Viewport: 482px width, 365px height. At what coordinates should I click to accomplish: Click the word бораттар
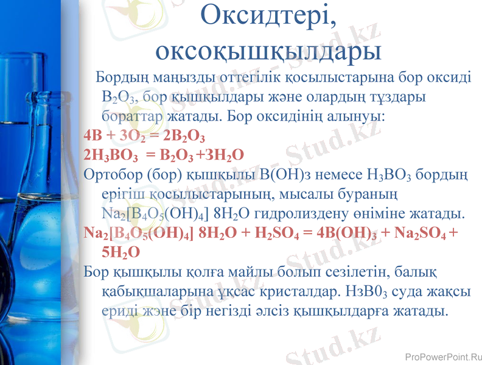[133, 116]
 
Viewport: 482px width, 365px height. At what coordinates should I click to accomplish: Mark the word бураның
[368, 195]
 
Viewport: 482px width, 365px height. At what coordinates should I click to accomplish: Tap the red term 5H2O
[121, 252]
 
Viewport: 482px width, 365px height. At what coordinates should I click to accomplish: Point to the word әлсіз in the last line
[268, 311]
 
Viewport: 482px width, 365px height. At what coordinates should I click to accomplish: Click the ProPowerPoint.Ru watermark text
[443, 356]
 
